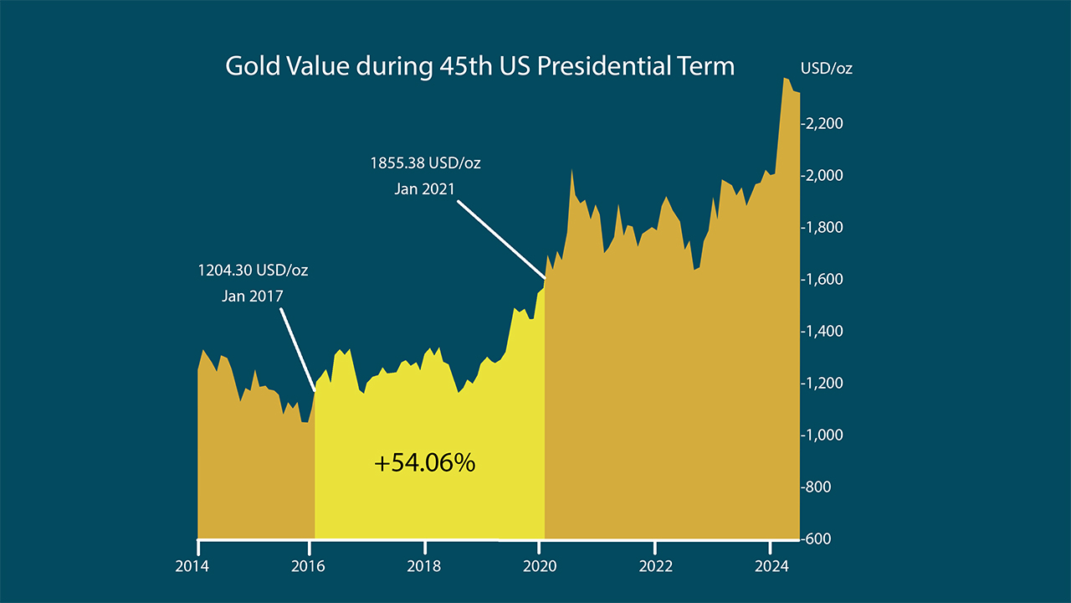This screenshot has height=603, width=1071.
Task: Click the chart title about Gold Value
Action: click(479, 67)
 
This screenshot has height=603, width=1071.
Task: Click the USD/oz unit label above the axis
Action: click(826, 69)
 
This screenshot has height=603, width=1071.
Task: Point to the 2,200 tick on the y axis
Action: click(825, 124)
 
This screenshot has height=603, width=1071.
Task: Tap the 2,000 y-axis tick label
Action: click(825, 176)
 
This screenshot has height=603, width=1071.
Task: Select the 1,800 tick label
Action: click(825, 228)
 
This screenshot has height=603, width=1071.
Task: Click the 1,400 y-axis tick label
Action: click(825, 332)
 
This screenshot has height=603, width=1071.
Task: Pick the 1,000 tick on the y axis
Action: click(825, 435)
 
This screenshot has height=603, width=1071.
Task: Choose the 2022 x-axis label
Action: click(654, 566)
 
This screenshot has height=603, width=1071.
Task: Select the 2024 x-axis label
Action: click(770, 566)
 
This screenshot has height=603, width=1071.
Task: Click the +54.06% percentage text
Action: click(424, 462)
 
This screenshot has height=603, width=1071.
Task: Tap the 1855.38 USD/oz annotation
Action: click(425, 163)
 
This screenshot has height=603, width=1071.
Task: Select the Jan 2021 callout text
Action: click(425, 188)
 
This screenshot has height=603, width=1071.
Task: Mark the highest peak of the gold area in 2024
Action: click(785, 80)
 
